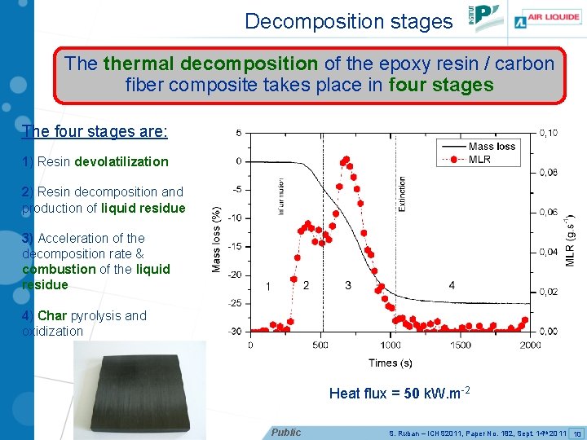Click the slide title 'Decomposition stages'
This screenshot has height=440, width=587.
click(348, 21)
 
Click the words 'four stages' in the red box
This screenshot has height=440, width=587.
click(441, 84)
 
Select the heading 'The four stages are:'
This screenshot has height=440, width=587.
click(95, 131)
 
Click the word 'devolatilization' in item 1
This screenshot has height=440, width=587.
click(121, 161)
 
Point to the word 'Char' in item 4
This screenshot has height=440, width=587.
click(52, 315)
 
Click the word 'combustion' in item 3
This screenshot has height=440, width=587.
click(60, 269)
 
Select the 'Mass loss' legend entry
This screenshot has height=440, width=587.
click(492, 147)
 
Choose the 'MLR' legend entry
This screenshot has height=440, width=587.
click(479, 159)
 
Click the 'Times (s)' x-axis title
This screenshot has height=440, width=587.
click(391, 362)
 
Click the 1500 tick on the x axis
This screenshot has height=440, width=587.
click(460, 345)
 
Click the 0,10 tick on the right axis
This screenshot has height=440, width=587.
click(549, 133)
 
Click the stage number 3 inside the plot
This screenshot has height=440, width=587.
click(348, 285)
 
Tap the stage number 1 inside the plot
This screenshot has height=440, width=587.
click(268, 286)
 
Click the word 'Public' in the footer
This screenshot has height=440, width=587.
click(286, 432)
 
